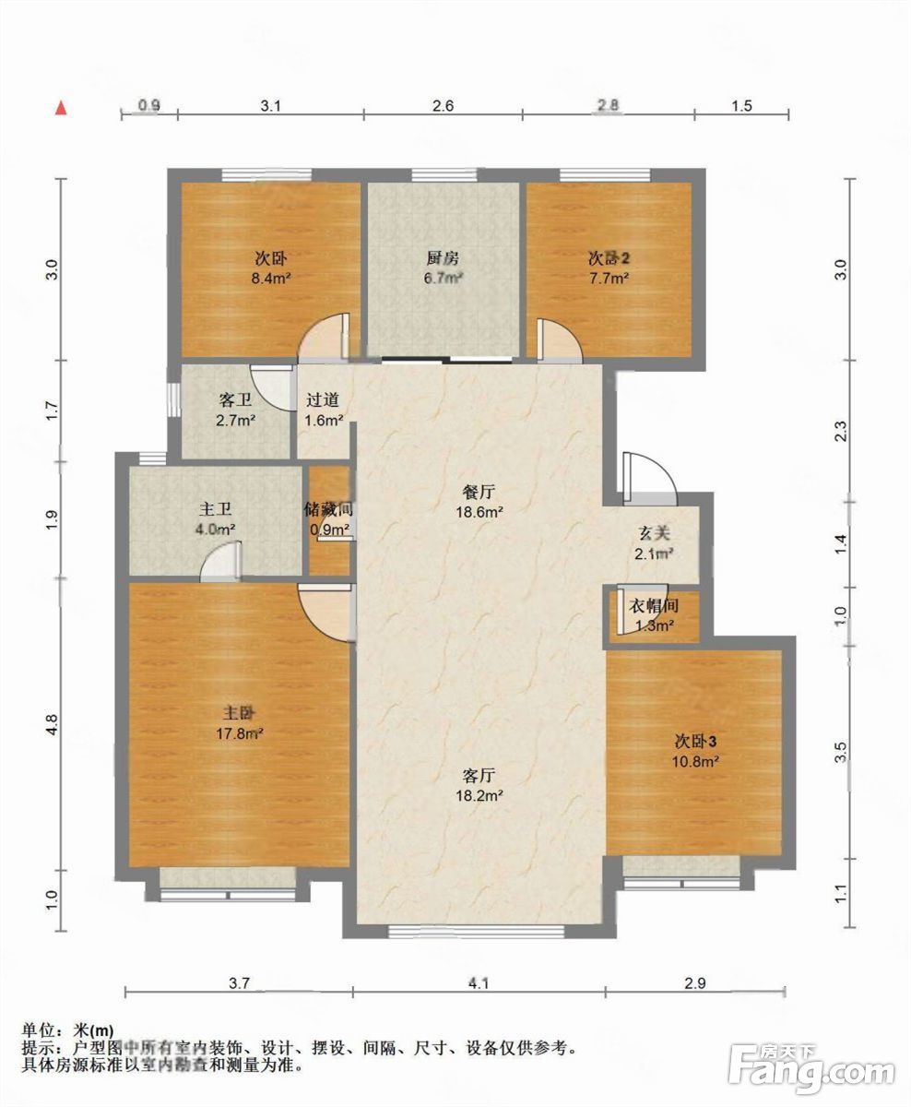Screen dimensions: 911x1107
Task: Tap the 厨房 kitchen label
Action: click(x=443, y=258)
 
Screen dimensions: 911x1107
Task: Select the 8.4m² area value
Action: click(x=271, y=279)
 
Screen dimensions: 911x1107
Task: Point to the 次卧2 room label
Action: click(x=609, y=258)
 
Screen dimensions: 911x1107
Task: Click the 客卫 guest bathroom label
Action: click(x=235, y=400)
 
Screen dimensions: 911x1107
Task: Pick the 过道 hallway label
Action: click(x=323, y=400)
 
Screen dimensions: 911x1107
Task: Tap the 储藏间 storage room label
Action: click(x=329, y=509)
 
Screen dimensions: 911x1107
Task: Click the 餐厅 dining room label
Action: click(x=479, y=492)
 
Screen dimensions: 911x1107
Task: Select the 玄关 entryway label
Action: click(x=655, y=534)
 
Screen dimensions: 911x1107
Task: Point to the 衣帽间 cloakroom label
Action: click(x=654, y=607)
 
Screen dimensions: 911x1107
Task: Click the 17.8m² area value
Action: click(x=240, y=733)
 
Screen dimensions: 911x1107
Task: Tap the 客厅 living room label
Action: click(x=479, y=775)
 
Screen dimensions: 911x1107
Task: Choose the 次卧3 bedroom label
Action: click(x=695, y=741)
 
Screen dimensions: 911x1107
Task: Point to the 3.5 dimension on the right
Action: click(x=841, y=752)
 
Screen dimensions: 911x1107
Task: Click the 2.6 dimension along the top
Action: click(x=443, y=106)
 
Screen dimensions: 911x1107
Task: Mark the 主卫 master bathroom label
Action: click(x=215, y=509)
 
